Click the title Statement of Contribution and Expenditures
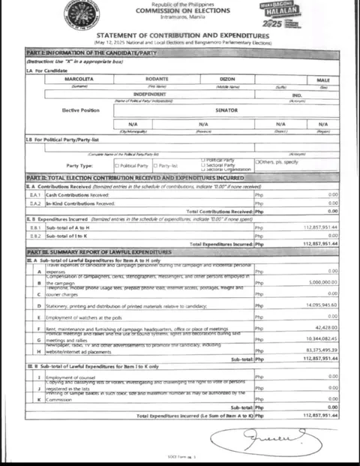[x=184, y=35]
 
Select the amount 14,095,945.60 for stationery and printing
[x=321, y=305]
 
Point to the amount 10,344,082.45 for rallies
[x=321, y=339]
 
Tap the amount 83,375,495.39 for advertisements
[x=321, y=350]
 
